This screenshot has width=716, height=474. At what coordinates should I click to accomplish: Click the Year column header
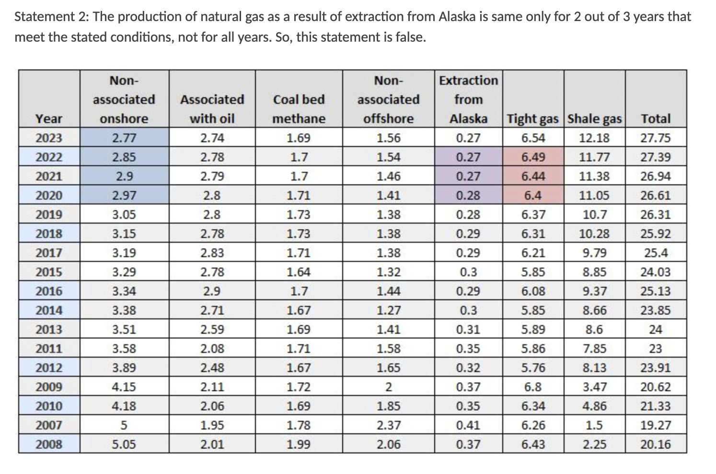49,119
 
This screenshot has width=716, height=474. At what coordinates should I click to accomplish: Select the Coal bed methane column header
299,109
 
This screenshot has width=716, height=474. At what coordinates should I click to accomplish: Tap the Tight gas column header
533,119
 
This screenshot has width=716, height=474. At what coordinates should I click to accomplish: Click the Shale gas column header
594,119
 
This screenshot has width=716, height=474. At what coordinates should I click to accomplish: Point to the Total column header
656,119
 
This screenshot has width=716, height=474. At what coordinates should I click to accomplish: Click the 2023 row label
49,138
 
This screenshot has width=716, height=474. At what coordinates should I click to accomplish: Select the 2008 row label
49,444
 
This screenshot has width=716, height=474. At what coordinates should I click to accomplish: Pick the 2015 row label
49,272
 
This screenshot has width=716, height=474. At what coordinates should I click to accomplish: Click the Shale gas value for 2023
594,138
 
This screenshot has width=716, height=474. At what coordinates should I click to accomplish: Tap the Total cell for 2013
656,329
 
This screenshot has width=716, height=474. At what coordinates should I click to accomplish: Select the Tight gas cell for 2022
533,157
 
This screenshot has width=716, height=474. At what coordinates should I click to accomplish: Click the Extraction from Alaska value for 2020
468,195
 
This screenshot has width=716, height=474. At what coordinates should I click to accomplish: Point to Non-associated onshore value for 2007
124,425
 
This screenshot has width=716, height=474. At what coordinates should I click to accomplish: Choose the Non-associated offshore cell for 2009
388,387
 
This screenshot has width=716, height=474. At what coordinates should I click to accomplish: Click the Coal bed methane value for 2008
299,444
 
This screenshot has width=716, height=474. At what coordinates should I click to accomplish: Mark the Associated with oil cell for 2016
212,291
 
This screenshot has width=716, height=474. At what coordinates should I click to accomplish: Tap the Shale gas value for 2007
594,425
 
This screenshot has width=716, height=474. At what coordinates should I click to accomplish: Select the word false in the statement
409,37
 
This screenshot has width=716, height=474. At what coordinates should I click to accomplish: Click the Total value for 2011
656,349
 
